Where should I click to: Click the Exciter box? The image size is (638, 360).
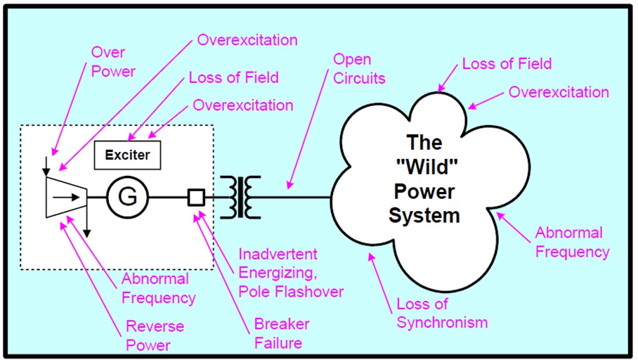click(x=128, y=155)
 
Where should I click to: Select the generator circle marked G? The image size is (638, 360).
click(x=127, y=198)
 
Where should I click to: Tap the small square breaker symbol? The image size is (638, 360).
click(x=196, y=198)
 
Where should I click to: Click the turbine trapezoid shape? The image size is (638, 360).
click(x=65, y=196)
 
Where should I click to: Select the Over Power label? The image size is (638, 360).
click(x=112, y=61)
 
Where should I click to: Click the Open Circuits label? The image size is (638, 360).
click(x=358, y=69)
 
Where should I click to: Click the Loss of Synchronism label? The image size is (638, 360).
click(x=442, y=314)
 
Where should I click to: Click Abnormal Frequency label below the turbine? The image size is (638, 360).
click(x=158, y=288)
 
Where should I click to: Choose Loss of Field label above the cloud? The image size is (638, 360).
click(x=507, y=64)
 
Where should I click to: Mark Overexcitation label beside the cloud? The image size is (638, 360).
click(x=559, y=92)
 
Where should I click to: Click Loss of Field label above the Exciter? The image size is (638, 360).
click(x=233, y=77)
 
